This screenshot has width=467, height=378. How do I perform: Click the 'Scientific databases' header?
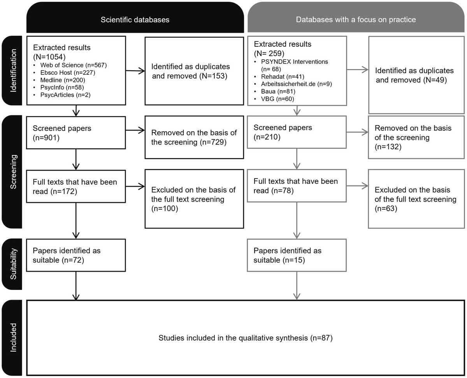[135, 19]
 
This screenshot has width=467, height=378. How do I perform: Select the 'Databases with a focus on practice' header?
[356, 19]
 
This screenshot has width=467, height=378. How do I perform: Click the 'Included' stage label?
[14, 337]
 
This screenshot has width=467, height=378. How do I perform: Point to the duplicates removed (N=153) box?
[194, 71]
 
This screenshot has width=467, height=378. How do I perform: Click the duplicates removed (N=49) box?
[416, 75]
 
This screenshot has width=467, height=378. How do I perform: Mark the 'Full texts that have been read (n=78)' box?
[297, 186]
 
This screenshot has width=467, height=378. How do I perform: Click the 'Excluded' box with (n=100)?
[194, 199]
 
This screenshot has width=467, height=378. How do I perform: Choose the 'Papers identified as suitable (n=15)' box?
[297, 255]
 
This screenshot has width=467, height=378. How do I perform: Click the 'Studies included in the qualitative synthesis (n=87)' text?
[245, 338]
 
